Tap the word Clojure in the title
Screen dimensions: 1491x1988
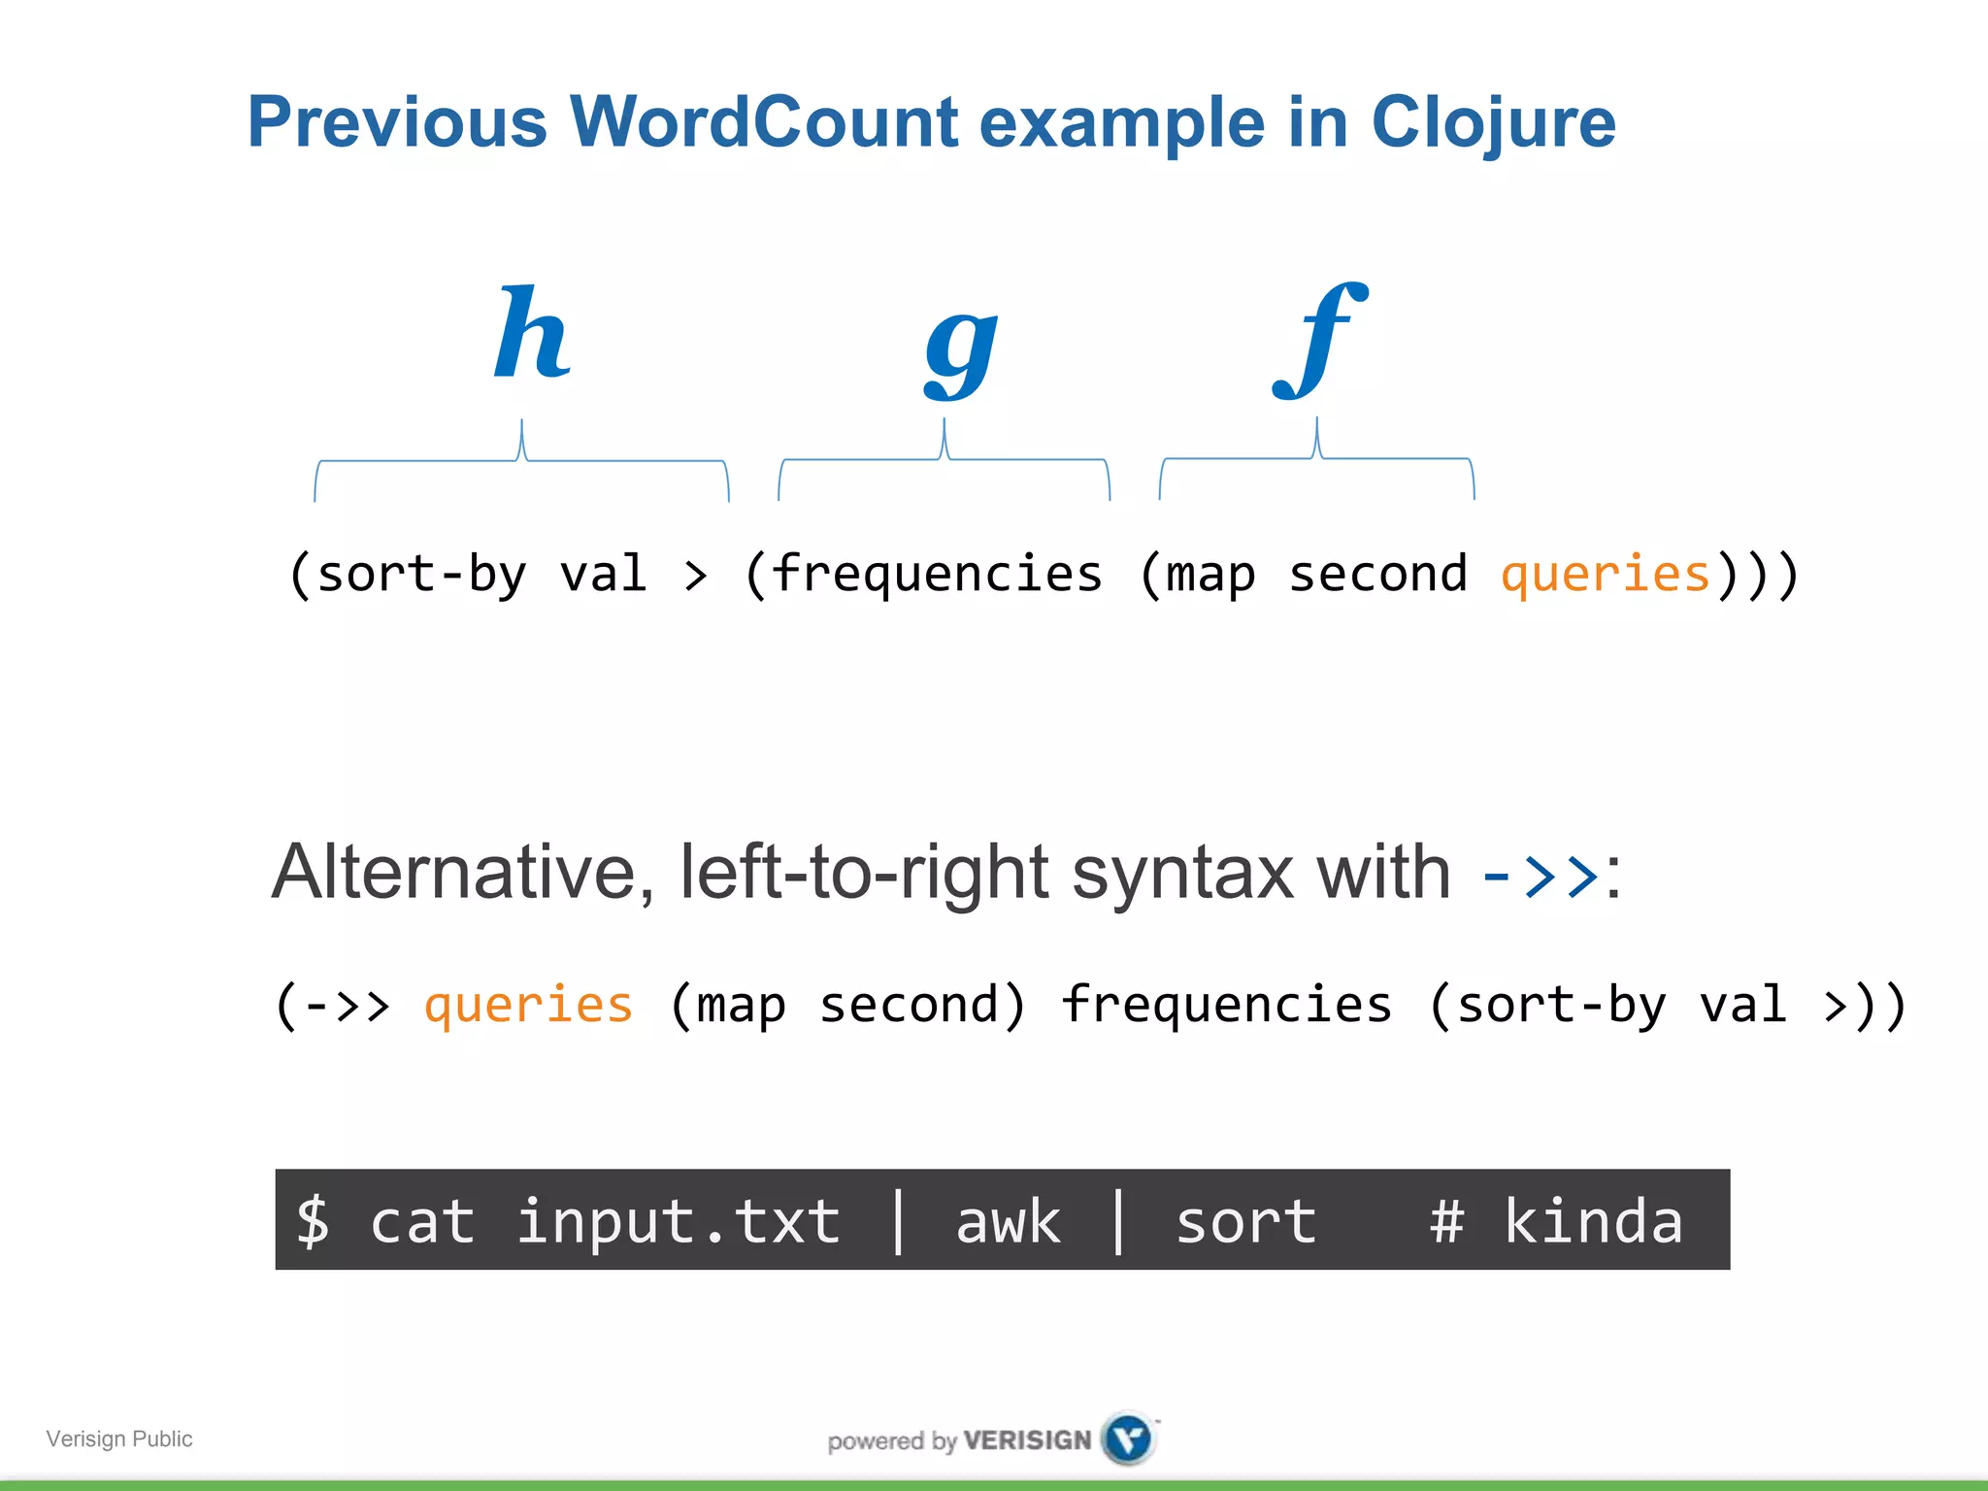(x=1493, y=124)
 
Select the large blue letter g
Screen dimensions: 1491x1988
(x=960, y=349)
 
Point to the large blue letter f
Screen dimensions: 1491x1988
(x=1320, y=340)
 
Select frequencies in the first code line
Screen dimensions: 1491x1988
(x=938, y=574)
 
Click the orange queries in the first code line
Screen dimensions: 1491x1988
(x=1605, y=574)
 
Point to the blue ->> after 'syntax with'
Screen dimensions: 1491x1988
(x=1541, y=875)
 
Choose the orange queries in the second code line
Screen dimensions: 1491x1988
(x=528, y=1005)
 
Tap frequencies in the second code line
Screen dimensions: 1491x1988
(x=1226, y=1005)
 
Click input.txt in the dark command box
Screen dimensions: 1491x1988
(x=678, y=1221)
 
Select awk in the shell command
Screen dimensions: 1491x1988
(x=1008, y=1221)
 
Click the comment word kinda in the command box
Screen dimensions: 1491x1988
(x=1593, y=1221)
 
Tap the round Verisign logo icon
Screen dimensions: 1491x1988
(x=1128, y=1438)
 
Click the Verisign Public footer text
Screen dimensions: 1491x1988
(x=119, y=1439)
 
